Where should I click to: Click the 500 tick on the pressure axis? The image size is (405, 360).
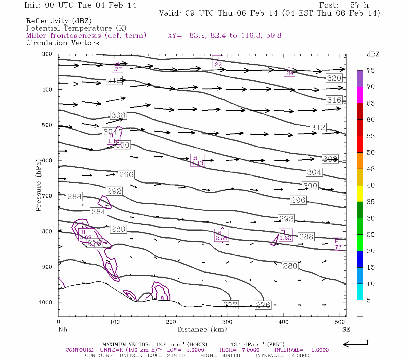[x=47, y=125]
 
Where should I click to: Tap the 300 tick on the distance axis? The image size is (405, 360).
[x=227, y=322]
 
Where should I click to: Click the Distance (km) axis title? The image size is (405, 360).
[x=202, y=329]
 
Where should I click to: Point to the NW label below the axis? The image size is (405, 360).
[x=63, y=329]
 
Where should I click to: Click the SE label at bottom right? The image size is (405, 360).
[x=346, y=329]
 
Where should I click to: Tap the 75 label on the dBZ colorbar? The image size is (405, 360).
[x=370, y=70]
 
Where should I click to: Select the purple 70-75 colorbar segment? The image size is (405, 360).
[x=360, y=79]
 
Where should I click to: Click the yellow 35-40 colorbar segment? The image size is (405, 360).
[x=360, y=193]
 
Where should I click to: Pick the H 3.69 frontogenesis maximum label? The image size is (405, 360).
[x=85, y=235]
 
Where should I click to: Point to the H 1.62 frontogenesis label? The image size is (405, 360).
[x=285, y=235]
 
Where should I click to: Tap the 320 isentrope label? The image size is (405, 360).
[x=334, y=78]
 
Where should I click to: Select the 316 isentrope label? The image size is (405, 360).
[x=334, y=100]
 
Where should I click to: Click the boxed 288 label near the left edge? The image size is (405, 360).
[x=74, y=196]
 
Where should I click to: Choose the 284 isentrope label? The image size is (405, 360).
[x=98, y=211]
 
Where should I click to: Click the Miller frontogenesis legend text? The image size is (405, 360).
[x=86, y=36]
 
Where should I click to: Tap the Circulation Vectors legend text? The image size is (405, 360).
[x=62, y=43]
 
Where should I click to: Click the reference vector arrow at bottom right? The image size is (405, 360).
[x=355, y=344]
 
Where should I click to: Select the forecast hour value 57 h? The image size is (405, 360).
[x=359, y=5]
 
